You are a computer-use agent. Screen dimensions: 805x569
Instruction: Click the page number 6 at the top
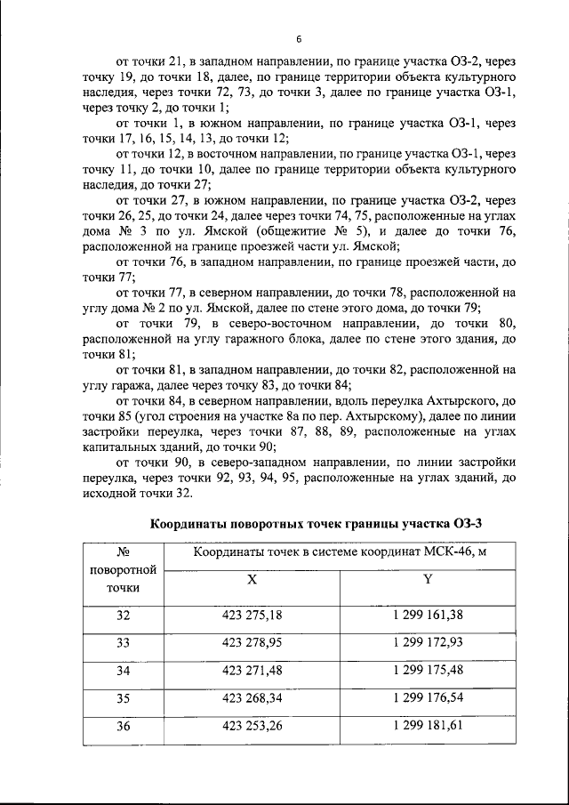tap(300, 40)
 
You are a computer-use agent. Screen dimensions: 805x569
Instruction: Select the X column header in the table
tap(252, 578)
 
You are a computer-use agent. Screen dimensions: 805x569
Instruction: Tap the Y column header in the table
tap(428, 578)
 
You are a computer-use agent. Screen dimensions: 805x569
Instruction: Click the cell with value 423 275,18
tap(252, 616)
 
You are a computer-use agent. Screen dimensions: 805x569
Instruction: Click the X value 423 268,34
tap(252, 698)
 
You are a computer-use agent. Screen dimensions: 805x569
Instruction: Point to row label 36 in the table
tap(123, 727)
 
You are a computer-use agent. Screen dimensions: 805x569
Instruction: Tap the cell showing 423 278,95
tap(252, 641)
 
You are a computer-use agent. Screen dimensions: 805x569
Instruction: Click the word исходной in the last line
tap(109, 494)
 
